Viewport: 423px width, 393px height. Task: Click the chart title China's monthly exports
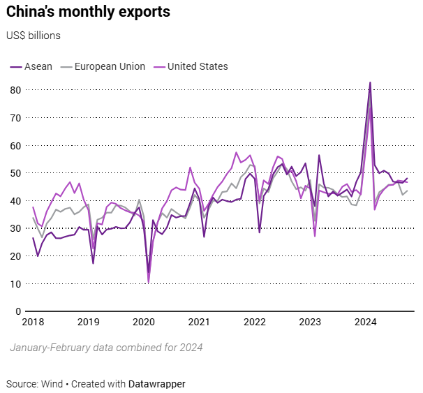88,13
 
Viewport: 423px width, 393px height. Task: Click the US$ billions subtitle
34,36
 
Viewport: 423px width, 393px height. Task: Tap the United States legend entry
193,66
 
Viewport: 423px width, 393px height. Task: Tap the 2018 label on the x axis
32,322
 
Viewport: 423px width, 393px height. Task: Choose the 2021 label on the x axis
199,322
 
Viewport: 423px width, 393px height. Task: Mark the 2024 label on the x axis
366,322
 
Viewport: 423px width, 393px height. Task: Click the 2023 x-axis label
310,322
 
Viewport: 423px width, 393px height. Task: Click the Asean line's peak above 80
370,82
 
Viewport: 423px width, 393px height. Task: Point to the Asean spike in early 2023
319,156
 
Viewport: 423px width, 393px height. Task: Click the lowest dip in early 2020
148,281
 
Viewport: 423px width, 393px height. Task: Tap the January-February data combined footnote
106,347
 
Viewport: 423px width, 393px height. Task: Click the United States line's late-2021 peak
237,153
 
